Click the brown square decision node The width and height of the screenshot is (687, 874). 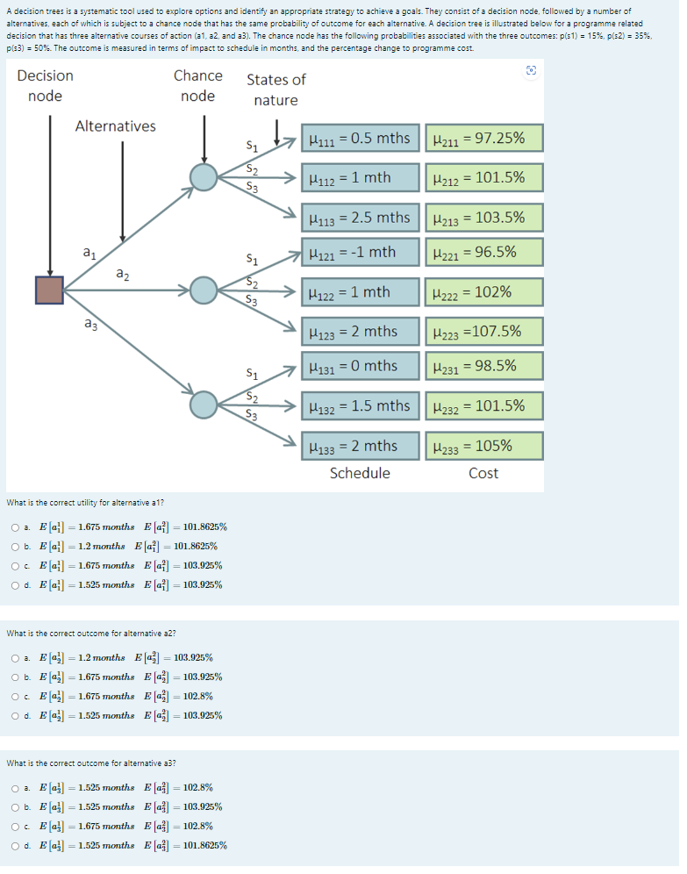point(49,290)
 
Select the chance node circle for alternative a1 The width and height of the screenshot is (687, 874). point(204,177)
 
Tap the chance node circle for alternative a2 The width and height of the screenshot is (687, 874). point(204,290)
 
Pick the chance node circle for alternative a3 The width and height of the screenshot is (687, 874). point(204,404)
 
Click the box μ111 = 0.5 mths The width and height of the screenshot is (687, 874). point(359,138)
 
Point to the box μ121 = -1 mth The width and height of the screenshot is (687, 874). point(359,253)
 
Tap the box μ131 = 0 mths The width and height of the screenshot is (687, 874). point(359,366)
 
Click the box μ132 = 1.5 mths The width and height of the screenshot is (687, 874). point(359,406)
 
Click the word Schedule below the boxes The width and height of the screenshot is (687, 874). point(360,474)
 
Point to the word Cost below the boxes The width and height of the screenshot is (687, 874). point(483,474)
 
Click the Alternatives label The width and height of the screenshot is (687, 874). point(116,126)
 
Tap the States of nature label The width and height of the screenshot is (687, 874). point(276,90)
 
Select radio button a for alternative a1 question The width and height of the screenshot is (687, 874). point(16,527)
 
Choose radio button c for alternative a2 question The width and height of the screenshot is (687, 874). point(16,697)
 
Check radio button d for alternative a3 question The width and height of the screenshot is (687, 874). point(16,846)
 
